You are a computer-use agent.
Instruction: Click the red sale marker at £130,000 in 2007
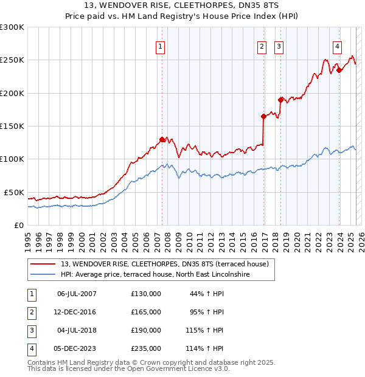point(162,139)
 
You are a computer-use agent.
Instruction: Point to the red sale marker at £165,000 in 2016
point(263,116)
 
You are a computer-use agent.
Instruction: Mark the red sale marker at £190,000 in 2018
point(280,100)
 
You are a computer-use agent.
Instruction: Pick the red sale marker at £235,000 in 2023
point(339,70)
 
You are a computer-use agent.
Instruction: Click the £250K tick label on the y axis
point(12,60)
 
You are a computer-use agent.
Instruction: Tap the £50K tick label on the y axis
point(14,192)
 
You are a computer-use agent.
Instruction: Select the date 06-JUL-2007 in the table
point(77,294)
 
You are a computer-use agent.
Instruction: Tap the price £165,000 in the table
point(146,312)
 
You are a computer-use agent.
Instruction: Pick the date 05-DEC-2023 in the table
point(77,348)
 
